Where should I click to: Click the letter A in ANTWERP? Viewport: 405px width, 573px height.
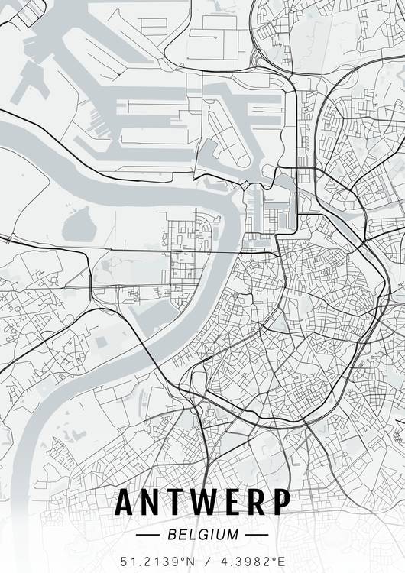click(126, 503)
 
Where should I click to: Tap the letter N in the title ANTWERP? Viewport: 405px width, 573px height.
click(154, 503)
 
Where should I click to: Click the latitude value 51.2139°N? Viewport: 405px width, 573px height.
click(158, 561)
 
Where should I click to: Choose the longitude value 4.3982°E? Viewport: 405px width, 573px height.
click(250, 561)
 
